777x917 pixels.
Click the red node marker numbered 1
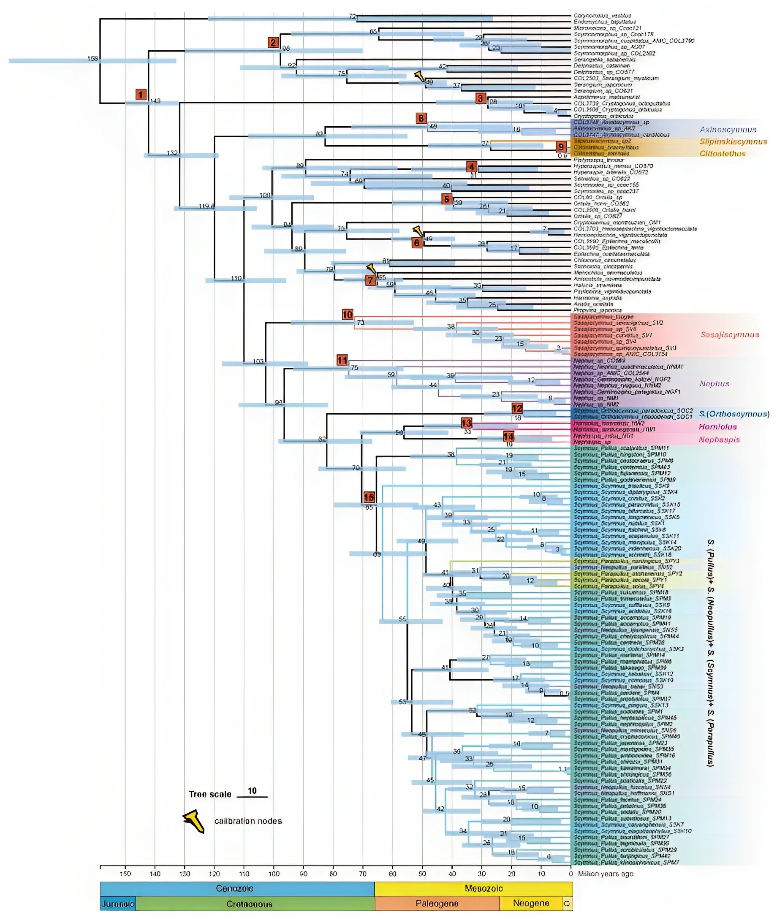tap(141, 94)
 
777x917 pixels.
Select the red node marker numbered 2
tap(274, 42)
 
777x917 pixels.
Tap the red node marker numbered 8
tap(421, 118)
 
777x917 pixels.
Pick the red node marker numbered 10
tap(348, 315)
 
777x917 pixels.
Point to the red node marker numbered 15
tap(369, 497)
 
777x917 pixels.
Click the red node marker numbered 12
tap(517, 408)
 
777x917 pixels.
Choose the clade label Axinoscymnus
tap(728, 130)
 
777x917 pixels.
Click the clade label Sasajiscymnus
tap(729, 335)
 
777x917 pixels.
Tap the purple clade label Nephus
tap(714, 384)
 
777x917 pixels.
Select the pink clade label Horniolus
tap(717, 426)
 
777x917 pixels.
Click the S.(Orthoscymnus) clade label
tap(734, 414)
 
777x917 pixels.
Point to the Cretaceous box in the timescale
tap(249, 904)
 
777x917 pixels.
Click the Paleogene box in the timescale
tap(437, 903)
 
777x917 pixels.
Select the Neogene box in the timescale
tap(531, 903)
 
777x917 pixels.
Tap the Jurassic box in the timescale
tap(118, 904)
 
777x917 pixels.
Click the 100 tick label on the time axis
tap(274, 874)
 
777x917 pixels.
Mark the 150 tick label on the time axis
tap(125, 874)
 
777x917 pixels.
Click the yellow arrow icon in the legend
tap(194, 821)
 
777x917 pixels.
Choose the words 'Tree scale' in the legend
tap(210, 794)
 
